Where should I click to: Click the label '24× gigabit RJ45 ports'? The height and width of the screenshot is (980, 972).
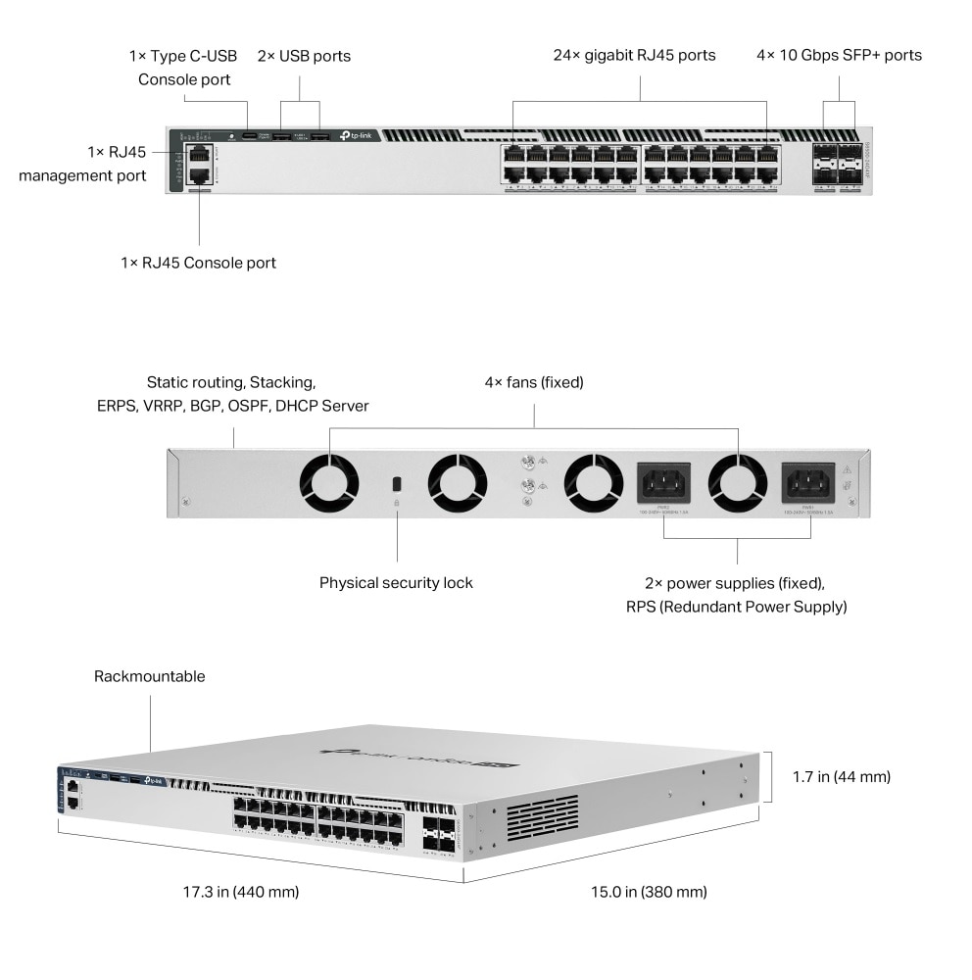coord(634,55)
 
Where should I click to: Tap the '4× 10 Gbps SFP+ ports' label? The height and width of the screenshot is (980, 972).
coord(839,55)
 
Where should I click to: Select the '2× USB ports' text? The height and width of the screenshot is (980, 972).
coord(304,56)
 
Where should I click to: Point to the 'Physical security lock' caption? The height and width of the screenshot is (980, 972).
coord(396,582)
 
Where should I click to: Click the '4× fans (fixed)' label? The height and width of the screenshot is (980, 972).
coord(534,382)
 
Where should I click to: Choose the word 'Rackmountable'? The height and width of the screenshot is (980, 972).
coord(150,676)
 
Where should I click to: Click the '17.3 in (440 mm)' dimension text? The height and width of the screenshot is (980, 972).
coord(241,892)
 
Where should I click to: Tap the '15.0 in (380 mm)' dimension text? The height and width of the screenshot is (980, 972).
coord(649,892)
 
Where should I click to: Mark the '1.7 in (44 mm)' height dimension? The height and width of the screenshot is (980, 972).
coord(841,777)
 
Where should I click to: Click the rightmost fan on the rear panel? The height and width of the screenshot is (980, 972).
coord(737,484)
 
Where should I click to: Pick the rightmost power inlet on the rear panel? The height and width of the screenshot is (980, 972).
coord(807,482)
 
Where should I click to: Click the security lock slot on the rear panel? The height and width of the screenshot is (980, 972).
coord(396,484)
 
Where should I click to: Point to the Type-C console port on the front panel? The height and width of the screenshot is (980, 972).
coord(250,136)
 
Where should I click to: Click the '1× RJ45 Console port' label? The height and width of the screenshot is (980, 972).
coord(198,263)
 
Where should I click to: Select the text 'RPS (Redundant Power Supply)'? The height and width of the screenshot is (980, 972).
coord(736,607)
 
